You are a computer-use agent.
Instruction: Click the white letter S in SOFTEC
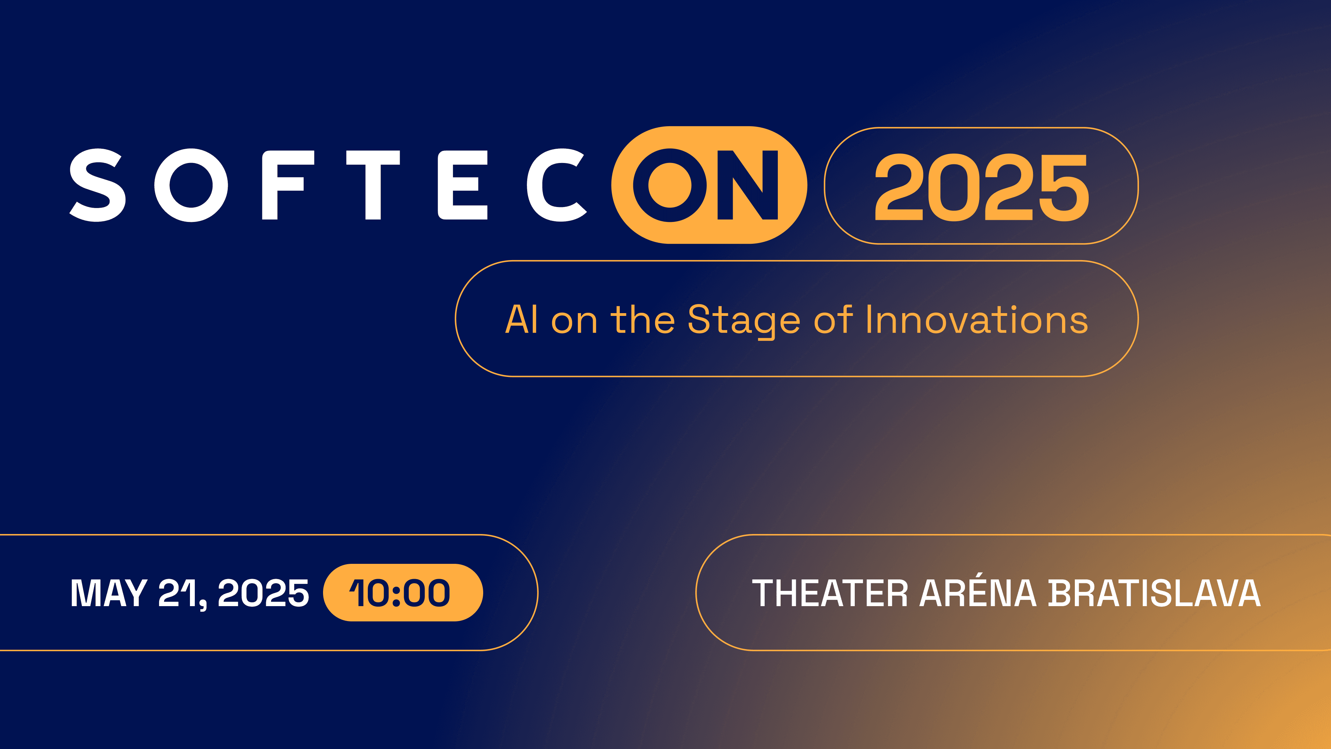pyautogui.click(x=98, y=185)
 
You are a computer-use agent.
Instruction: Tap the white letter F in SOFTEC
pyautogui.click(x=288, y=185)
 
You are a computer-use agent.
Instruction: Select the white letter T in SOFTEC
pyautogui.click(x=373, y=185)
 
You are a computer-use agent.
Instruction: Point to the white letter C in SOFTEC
pyautogui.click(x=556, y=185)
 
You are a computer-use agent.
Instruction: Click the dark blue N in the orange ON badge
pyautogui.click(x=748, y=185)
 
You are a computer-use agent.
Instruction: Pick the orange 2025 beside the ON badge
pyautogui.click(x=982, y=187)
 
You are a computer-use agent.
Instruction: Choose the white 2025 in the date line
pyautogui.click(x=263, y=593)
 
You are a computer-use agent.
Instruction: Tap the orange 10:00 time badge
pyautogui.click(x=403, y=592)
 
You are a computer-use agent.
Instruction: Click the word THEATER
pyautogui.click(x=830, y=593)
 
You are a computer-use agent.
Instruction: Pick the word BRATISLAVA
pyautogui.click(x=1154, y=593)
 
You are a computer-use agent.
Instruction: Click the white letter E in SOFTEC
pyautogui.click(x=462, y=185)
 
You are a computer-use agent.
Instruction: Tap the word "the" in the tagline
pyautogui.click(x=643, y=319)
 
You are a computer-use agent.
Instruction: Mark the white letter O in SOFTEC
pyautogui.click(x=191, y=185)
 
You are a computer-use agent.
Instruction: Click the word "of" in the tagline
pyautogui.click(x=833, y=319)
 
